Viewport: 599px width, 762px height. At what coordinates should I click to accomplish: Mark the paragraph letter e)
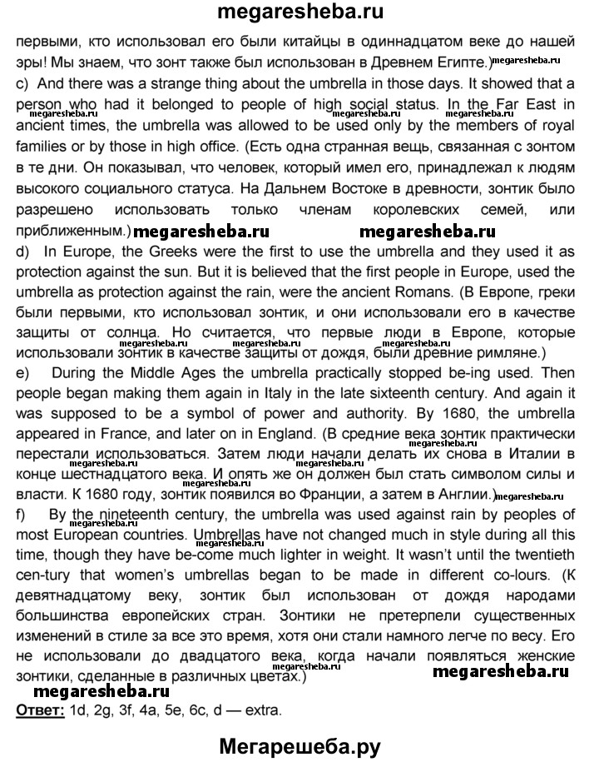click(x=21, y=374)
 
